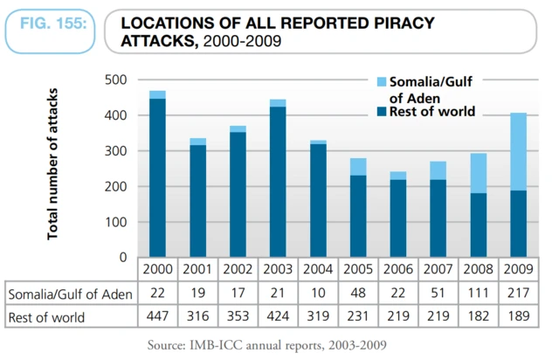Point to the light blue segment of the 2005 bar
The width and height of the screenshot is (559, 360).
tap(358, 167)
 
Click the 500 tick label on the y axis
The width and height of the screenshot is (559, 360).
tap(116, 80)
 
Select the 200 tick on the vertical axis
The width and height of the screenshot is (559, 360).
tap(116, 187)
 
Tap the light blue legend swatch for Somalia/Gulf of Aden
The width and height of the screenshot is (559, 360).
tap(382, 81)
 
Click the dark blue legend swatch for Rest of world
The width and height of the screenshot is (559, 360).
tap(382, 111)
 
